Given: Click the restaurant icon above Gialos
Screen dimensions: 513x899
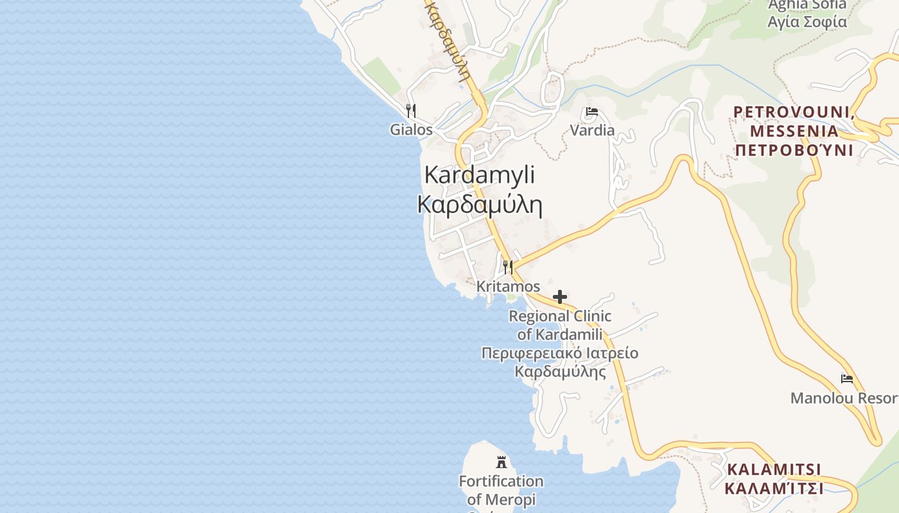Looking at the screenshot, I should (x=411, y=110).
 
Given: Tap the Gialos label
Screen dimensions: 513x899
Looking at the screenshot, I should (x=412, y=130).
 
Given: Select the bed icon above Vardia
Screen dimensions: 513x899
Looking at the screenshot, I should (x=592, y=112).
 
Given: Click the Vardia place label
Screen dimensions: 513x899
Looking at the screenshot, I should (x=592, y=130).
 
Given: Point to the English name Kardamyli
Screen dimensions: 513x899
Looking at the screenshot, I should (x=480, y=175).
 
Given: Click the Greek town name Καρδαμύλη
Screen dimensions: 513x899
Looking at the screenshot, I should (x=480, y=205).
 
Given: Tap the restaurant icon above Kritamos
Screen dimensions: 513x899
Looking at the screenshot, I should (x=507, y=267).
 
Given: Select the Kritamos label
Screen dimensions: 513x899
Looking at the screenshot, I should (x=508, y=286).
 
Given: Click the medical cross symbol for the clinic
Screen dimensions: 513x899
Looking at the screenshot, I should (x=560, y=296).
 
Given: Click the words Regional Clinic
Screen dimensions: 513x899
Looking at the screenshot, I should (x=560, y=316).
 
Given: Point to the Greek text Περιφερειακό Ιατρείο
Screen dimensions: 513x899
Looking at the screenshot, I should (x=560, y=353).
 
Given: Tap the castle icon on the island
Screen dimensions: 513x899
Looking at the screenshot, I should (x=501, y=461).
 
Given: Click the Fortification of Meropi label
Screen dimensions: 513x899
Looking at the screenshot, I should (x=501, y=490).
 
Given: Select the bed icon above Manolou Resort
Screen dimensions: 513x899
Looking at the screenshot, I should (x=847, y=379).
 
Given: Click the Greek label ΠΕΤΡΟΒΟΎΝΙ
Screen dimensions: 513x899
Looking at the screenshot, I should (x=794, y=150).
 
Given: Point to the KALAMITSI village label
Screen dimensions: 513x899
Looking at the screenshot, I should (x=774, y=469).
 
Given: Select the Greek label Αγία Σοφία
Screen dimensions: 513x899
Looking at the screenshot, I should (x=807, y=22).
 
